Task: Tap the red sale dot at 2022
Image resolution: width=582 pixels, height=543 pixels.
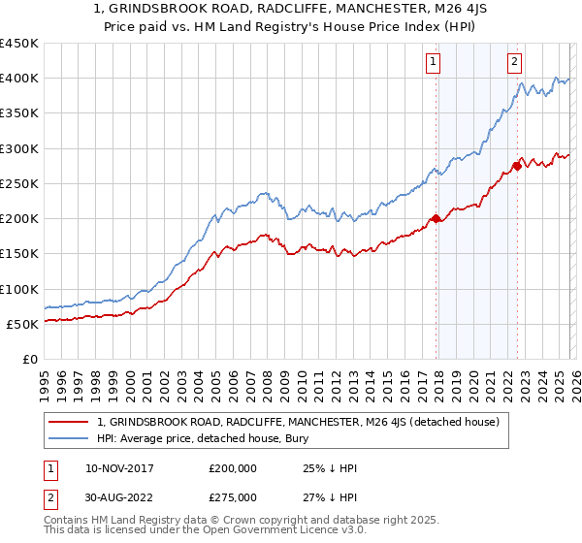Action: coord(517,166)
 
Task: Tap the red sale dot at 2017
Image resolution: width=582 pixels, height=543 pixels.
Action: coord(436,218)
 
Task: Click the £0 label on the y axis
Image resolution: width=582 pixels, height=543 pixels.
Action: coord(30,360)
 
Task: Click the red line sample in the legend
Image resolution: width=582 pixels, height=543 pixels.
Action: coord(70,422)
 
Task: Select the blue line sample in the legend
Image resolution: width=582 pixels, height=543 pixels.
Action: coord(70,438)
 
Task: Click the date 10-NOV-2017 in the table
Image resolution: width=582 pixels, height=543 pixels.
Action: coord(119,468)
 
